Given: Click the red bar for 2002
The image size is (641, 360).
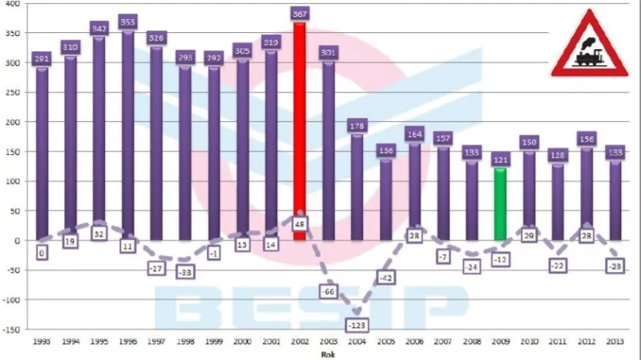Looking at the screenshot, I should [300, 128].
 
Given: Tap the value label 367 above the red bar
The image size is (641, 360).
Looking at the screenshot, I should [300, 14].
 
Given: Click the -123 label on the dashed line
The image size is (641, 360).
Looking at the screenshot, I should [357, 325].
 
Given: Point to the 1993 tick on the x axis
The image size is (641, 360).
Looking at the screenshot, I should [42, 340].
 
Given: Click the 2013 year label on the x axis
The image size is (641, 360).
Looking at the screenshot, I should [615, 340].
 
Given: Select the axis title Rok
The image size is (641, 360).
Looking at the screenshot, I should [328, 352].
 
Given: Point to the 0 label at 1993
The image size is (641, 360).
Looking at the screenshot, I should [42, 252].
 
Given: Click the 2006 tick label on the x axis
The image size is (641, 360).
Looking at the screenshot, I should [414, 340].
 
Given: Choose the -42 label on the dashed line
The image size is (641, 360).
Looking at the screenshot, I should [385, 277].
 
